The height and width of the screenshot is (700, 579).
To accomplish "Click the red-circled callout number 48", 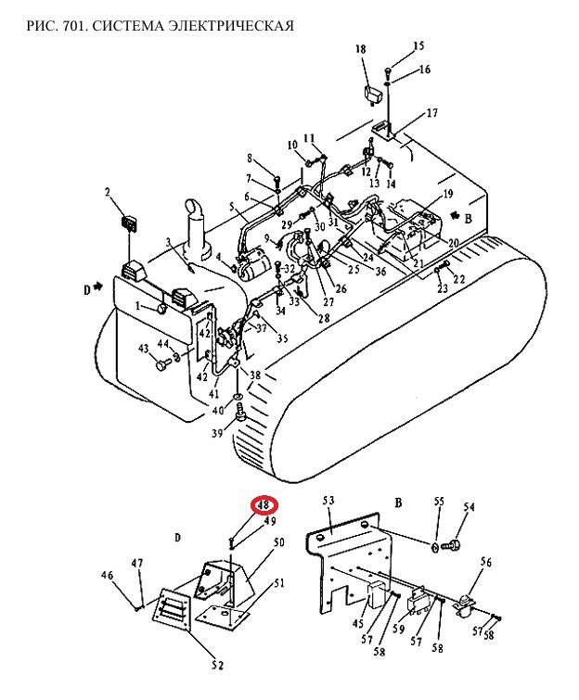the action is [x=264, y=505].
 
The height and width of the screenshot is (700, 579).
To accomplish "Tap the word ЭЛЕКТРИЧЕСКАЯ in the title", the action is [x=231, y=26].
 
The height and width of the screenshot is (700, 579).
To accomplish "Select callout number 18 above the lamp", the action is [x=361, y=48].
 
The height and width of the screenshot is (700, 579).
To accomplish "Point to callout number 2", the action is [x=108, y=193].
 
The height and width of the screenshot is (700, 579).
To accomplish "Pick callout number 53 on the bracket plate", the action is [x=328, y=501].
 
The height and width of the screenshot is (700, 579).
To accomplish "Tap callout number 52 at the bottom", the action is [x=217, y=665].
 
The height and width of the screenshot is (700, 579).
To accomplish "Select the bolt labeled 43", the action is [x=162, y=363].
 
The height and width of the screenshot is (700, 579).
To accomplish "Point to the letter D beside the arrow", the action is [x=86, y=290].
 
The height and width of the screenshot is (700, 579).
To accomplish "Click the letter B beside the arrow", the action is [x=469, y=219].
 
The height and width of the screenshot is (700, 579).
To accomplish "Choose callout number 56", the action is [x=485, y=563].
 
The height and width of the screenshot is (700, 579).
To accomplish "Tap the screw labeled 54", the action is [x=451, y=545].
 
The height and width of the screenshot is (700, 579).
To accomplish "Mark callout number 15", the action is [x=418, y=46].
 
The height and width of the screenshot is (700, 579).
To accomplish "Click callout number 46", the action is [x=108, y=575].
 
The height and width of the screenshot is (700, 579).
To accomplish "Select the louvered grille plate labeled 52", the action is [x=172, y=609].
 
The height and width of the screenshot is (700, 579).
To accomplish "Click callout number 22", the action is [x=458, y=279].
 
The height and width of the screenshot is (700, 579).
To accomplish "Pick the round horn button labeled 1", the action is [x=161, y=308].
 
